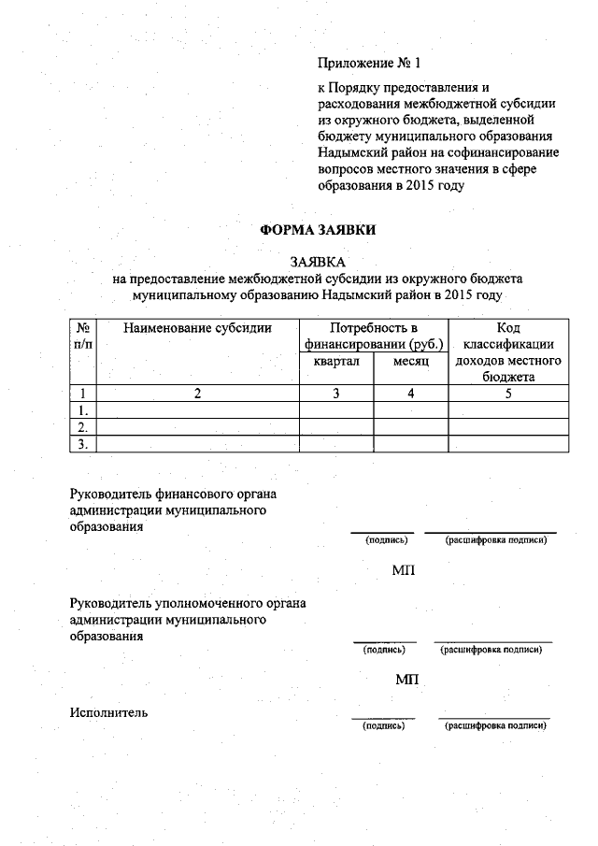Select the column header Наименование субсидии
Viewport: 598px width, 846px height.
(197, 328)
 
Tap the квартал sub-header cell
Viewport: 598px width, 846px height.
(336, 361)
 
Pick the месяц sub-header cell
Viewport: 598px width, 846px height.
(410, 361)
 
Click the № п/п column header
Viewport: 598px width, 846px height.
(83, 336)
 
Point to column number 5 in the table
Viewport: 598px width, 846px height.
(507, 394)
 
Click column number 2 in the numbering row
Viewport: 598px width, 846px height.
(197, 394)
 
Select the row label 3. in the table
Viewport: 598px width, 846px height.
(83, 444)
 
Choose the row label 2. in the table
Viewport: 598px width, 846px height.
(83, 427)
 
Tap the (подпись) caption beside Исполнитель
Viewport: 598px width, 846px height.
(383, 724)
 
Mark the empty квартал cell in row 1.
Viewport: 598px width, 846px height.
(336, 410)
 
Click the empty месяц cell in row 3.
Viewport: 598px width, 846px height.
(410, 444)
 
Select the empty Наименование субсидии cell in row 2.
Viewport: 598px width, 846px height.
(197, 427)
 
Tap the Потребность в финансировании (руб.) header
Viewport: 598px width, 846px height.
(373, 336)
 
